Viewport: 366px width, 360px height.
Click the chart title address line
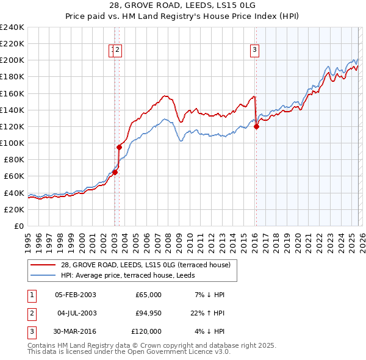point(183,5)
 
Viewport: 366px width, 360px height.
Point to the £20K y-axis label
point(14,209)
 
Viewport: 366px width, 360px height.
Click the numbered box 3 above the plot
point(254,51)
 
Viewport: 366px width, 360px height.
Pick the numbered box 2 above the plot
point(118,51)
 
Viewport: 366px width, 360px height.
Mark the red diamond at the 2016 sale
point(256,126)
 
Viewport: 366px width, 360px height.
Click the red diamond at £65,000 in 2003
point(115,172)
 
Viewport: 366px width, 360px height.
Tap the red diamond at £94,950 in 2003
point(119,147)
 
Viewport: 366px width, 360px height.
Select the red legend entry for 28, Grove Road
point(145,265)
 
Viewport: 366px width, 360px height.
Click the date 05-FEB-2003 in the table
point(76,295)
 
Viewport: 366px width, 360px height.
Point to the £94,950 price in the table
point(146,313)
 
